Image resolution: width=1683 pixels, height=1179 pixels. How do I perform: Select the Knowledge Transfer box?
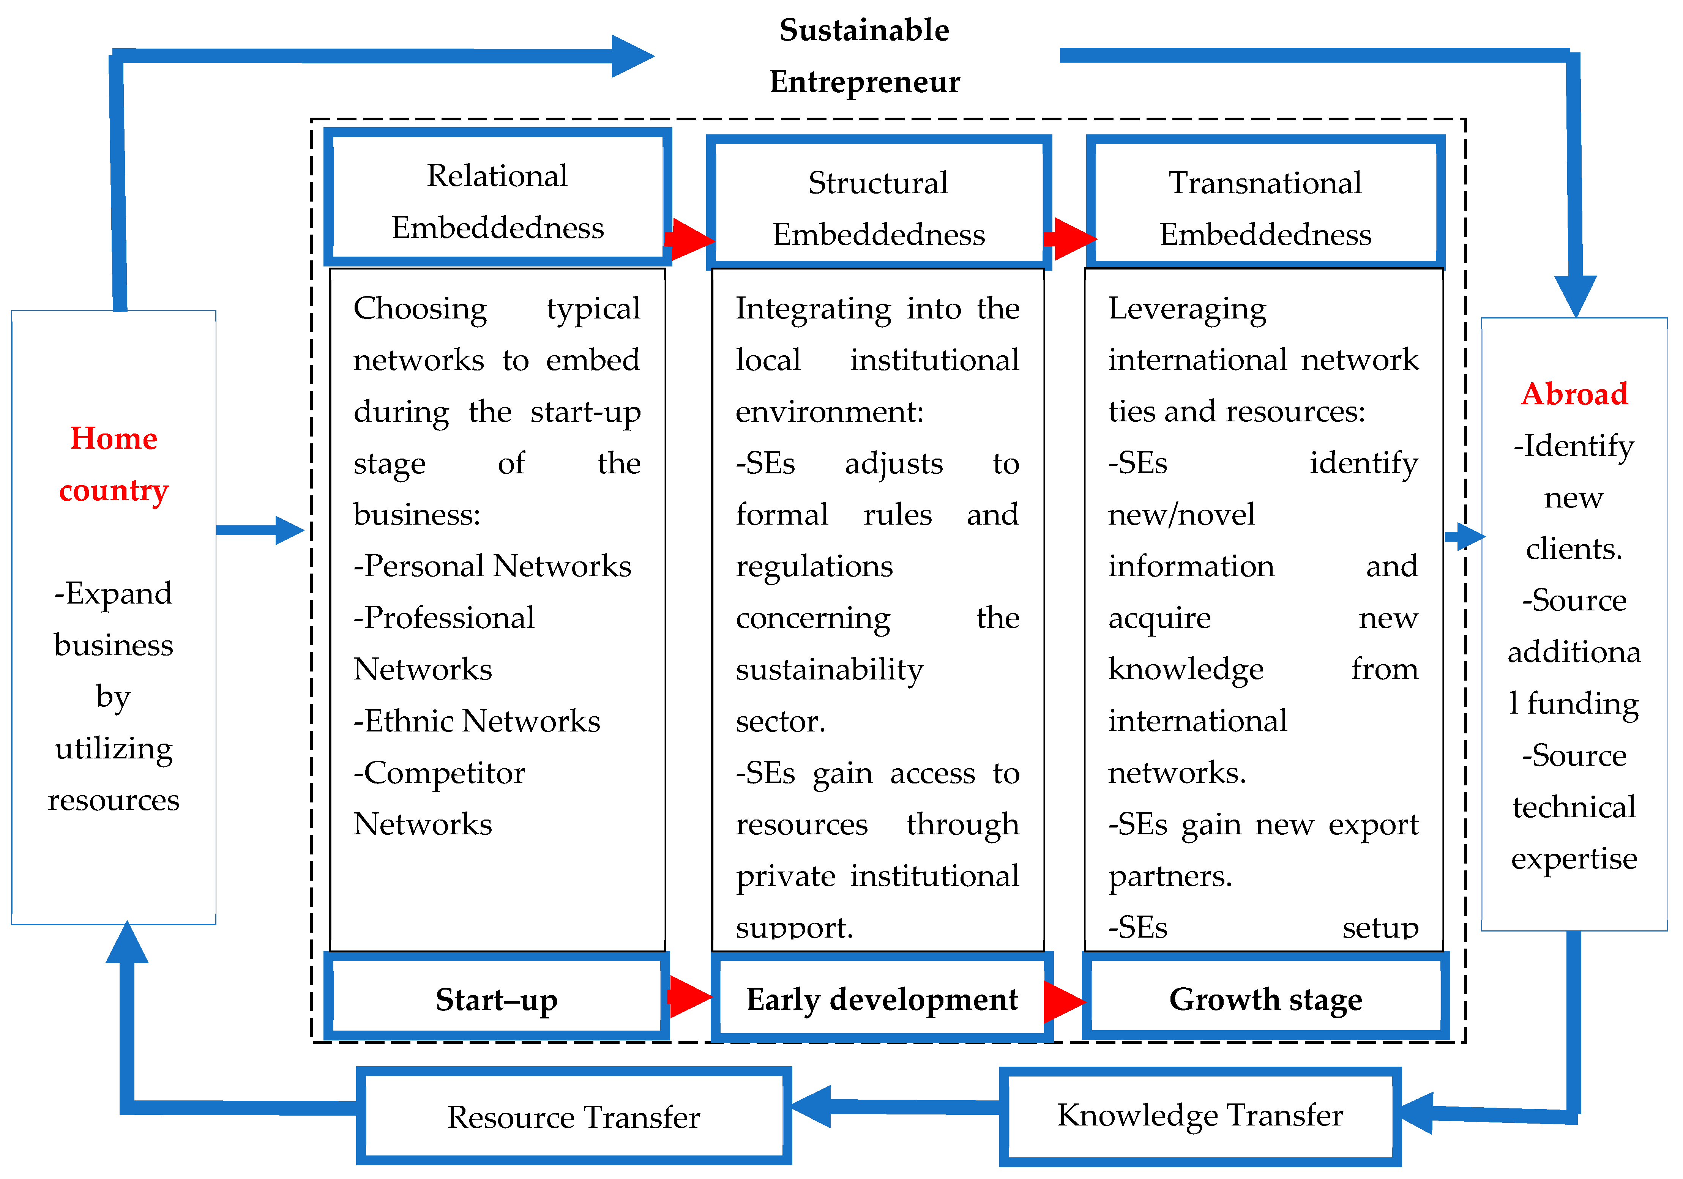click(x=1200, y=1115)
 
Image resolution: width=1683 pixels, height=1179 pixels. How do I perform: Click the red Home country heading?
click(x=114, y=464)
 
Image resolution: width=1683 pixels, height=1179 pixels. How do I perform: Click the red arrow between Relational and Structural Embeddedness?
click(x=689, y=239)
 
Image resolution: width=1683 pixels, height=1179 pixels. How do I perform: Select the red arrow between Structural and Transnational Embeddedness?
click(x=1070, y=239)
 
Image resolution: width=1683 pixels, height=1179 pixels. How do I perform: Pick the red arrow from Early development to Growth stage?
click(x=1064, y=1001)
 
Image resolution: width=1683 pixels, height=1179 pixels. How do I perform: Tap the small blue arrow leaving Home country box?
click(x=260, y=530)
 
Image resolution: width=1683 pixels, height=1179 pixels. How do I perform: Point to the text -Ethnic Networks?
click(x=476, y=721)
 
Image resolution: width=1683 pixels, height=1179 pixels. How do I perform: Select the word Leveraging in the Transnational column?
click(x=1187, y=309)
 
